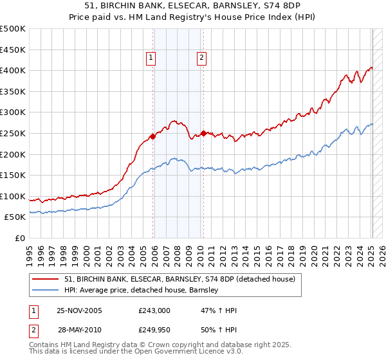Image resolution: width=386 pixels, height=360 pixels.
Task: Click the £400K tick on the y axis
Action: pos(13,70)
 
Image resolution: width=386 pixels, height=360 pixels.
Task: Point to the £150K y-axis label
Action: pos(13,175)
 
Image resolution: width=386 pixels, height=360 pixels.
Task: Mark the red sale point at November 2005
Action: pos(152,136)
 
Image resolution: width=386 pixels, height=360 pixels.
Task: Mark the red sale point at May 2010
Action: pos(203,133)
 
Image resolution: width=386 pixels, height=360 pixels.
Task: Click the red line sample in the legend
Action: pos(46,279)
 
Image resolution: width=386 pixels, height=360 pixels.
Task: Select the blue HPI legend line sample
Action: pos(46,290)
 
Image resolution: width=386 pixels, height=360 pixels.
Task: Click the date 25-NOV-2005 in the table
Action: pos(79,310)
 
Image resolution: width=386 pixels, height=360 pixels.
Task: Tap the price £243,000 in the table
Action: pos(154,310)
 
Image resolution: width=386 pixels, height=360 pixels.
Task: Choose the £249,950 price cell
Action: pos(154,330)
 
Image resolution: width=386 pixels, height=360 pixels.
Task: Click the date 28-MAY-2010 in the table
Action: pos(79,330)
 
